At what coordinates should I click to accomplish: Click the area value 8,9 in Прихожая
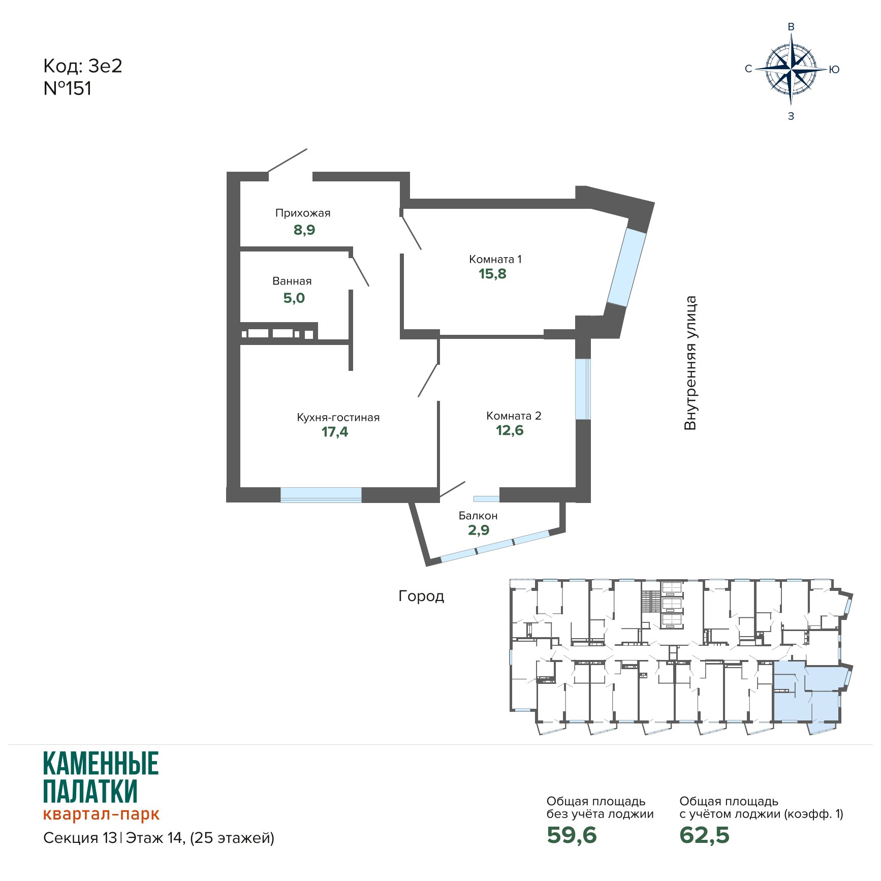pos(304,230)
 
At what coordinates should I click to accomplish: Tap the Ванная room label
pos(292,281)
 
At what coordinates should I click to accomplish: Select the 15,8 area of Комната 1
pos(492,274)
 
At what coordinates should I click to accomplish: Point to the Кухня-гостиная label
pos(338,418)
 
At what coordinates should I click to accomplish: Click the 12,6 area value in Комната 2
pos(510,430)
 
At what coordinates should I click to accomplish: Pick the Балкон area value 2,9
pos(479,530)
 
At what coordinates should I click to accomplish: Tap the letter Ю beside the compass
pos(834,70)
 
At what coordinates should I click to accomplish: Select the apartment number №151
pos(68,88)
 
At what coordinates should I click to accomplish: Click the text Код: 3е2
pos(83,66)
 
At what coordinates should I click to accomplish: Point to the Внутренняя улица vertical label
pos(690,363)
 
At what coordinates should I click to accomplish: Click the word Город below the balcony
pos(421,596)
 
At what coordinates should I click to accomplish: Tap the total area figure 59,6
pos(572,835)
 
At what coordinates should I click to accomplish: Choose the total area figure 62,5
pos(704,835)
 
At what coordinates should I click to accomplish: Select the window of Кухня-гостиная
pos(321,495)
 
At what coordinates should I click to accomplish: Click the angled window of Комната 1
pos(626,268)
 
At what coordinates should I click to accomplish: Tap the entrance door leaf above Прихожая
pos(288,161)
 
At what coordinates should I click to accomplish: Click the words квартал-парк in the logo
pos(101,814)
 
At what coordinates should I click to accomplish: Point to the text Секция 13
pos(80,838)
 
